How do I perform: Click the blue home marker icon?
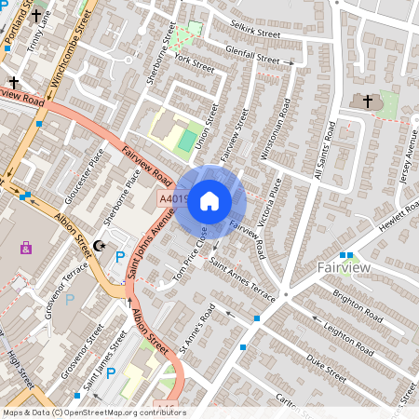(x=209, y=200)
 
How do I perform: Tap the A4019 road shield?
(x=173, y=198)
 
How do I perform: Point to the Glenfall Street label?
(x=252, y=58)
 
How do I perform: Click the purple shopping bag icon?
(x=25, y=248)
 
